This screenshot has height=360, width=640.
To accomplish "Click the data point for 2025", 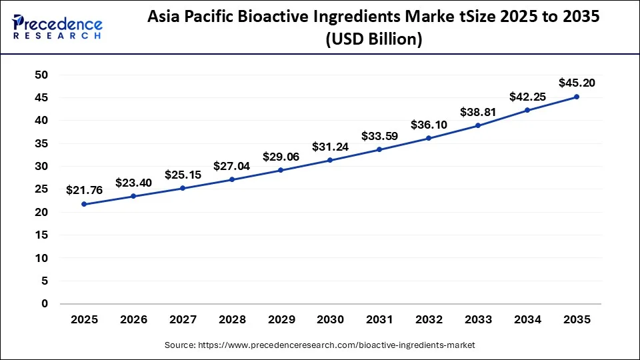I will point(84,204).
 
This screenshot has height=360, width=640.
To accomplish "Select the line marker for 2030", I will point(330,160).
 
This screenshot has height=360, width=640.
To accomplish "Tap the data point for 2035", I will point(577,97).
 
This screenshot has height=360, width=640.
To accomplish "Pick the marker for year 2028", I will point(232,179).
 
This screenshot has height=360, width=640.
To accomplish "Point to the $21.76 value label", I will point(85,191).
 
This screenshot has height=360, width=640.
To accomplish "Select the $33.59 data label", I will point(379,137).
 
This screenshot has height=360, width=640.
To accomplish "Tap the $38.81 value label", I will point(478,113).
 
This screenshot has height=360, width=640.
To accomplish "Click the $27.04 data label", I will point(232,166).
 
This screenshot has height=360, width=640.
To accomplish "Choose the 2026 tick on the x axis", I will point(133,320).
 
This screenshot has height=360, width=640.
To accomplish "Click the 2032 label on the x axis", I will point(429,320).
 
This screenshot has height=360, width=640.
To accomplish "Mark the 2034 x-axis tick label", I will point(527,320).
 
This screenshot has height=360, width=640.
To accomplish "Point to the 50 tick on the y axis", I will point(41,75).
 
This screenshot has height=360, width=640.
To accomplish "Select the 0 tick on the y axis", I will point(45,304).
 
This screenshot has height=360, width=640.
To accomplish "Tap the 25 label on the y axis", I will point(41,189).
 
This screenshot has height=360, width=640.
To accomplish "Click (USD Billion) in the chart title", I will point(373,40).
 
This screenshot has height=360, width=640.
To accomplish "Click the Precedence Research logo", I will point(57,27).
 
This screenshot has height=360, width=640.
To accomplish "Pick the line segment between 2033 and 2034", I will point(503,118).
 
